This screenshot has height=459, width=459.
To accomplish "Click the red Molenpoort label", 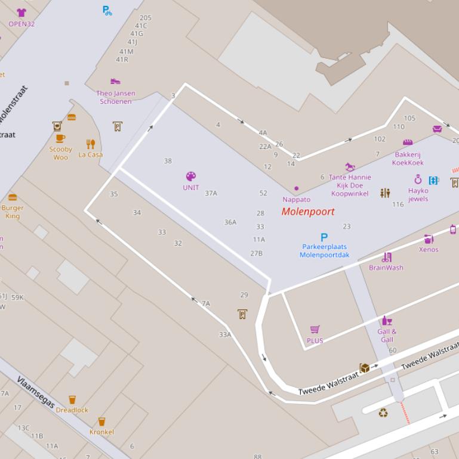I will pos(308,212).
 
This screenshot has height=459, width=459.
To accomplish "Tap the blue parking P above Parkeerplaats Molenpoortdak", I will pos(324,237).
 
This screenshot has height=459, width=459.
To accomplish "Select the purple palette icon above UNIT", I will pos(191,176).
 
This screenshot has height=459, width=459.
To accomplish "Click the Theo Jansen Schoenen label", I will pos(116,98).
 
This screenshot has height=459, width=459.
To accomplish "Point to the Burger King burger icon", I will pos(13,198).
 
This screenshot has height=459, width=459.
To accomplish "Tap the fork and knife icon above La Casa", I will pos(91,144).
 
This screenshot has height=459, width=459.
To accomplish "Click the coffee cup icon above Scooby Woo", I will pos(60,138).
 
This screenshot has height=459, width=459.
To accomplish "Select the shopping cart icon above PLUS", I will pos(315,330).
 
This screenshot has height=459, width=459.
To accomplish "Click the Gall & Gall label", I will pos(387,336).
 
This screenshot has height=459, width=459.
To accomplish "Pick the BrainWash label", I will pos(386,268).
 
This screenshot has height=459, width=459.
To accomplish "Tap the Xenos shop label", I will pos(429,250).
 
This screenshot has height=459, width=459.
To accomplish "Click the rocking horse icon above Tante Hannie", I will pos(350,167).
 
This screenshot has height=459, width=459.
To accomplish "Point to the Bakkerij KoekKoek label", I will pos(408,159).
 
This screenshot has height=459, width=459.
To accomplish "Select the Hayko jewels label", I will pos(418,195).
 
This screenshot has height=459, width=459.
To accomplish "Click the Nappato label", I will pos(297,200).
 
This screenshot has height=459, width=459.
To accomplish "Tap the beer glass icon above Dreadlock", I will pos(72,399).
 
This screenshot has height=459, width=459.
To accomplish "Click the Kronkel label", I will pos(101,432).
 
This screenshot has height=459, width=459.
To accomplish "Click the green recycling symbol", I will pos(383,412).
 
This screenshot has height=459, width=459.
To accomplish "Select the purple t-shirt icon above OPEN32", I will pos(21,13).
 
